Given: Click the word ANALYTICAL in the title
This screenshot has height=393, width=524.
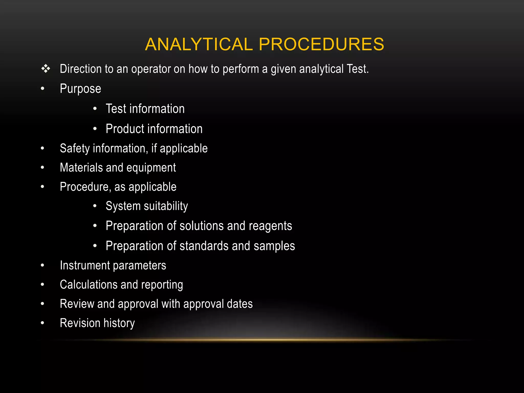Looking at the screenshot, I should click(x=199, y=44).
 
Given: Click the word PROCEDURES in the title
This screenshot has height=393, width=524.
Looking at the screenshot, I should click(x=321, y=44).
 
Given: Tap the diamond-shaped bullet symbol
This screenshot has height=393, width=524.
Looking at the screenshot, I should click(x=46, y=69).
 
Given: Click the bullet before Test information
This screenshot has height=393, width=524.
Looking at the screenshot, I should click(x=95, y=109).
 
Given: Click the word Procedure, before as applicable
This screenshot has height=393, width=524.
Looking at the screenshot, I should click(x=85, y=187).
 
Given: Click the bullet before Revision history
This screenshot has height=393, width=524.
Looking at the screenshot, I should click(x=42, y=323).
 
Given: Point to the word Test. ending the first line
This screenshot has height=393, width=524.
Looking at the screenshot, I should click(x=357, y=69).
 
